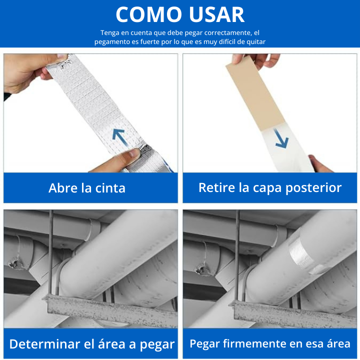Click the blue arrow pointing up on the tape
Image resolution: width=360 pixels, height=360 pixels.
119,136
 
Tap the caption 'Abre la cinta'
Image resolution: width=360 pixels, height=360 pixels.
87,188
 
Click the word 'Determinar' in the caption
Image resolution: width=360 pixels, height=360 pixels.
44,344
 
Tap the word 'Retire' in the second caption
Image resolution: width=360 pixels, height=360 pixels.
216,187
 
